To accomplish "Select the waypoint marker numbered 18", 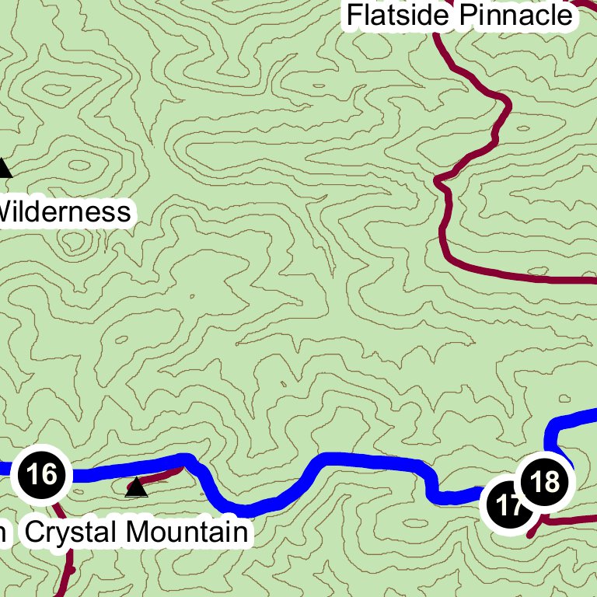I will pyautogui.click(x=545, y=482).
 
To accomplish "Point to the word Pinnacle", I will pyautogui.click(x=515, y=15).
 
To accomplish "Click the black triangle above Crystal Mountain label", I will pyautogui.click(x=136, y=488).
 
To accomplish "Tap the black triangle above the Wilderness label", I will pyautogui.click(x=4, y=168).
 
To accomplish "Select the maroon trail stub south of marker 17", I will pyautogui.click(x=533, y=532).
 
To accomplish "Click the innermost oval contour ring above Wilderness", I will pyautogui.click(x=80, y=165).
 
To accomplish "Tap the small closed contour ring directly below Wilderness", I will pyautogui.click(x=75, y=243).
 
